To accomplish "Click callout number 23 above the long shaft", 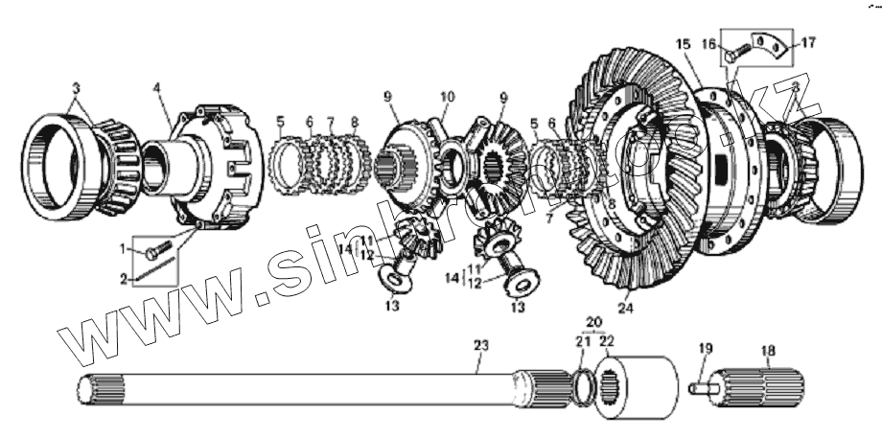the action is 480,345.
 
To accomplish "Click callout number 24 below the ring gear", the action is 627,308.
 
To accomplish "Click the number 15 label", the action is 683,45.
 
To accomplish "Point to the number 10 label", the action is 447,97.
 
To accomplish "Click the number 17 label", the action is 808,41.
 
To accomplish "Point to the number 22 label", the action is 606,340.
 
